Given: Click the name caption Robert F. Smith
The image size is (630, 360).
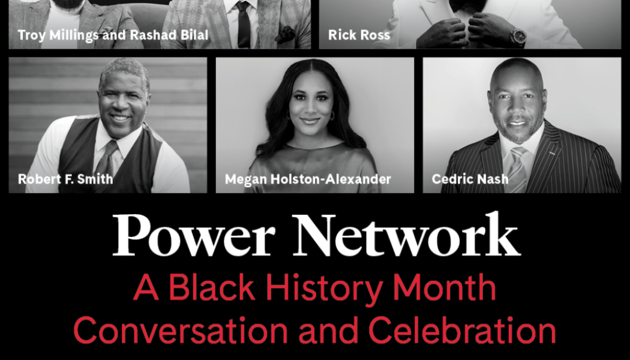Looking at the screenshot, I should point(65,179).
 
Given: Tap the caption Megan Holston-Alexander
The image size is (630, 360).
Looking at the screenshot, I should point(308,179).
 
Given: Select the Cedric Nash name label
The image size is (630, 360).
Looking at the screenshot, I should point(470,179).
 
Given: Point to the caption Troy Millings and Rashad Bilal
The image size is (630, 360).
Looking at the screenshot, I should point(113,35).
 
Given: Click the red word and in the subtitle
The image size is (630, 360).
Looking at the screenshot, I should point(332,331).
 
